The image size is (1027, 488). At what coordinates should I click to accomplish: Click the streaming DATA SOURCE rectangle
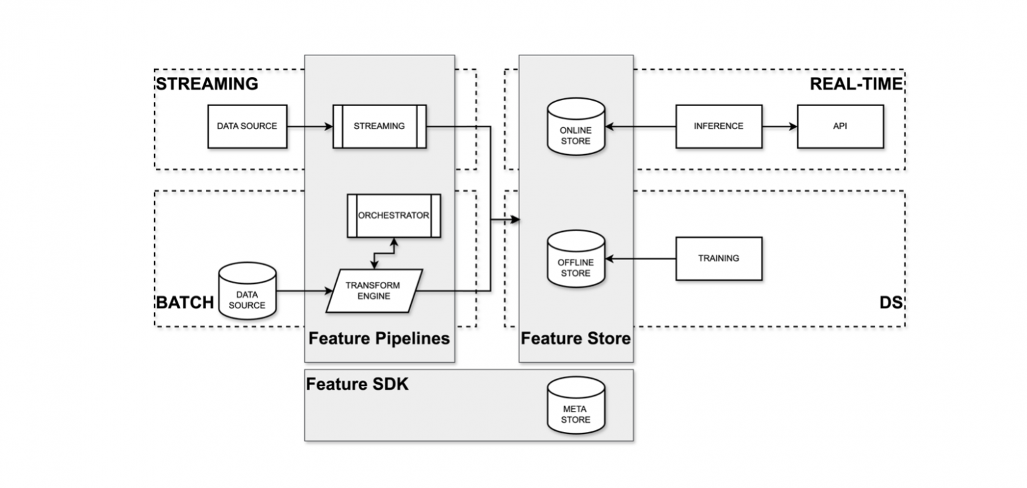point(247,126)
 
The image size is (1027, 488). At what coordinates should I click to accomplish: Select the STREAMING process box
point(379,126)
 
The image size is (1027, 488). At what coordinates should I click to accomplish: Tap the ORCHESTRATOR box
point(394,215)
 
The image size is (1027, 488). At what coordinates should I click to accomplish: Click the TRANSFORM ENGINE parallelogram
point(374,290)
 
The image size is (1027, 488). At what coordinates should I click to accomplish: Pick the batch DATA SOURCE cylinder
point(247,292)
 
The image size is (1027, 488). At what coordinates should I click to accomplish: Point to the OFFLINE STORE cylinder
point(576,258)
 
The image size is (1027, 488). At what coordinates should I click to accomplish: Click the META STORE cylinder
point(576,410)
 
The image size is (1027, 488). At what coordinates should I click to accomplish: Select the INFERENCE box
point(718,126)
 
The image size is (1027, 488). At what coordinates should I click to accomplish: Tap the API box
point(839,126)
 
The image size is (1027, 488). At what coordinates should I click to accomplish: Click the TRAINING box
point(718,258)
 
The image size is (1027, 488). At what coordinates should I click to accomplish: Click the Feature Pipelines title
point(379,339)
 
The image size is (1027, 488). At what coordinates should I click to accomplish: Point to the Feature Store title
point(575,339)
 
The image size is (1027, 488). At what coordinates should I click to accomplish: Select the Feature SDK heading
point(357,385)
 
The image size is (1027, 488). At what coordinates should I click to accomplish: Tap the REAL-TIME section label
point(856,84)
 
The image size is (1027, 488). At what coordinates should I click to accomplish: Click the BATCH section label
point(185,302)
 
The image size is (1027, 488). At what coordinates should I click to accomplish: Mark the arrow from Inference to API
point(779,126)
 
